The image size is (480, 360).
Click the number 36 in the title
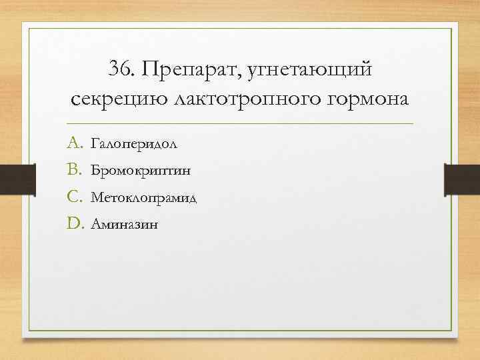(x=120, y=69)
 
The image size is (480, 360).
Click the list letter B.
(x=73, y=170)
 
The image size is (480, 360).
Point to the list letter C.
(x=73, y=197)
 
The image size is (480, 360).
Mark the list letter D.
(x=73, y=224)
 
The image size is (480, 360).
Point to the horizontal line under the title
(x=240, y=124)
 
